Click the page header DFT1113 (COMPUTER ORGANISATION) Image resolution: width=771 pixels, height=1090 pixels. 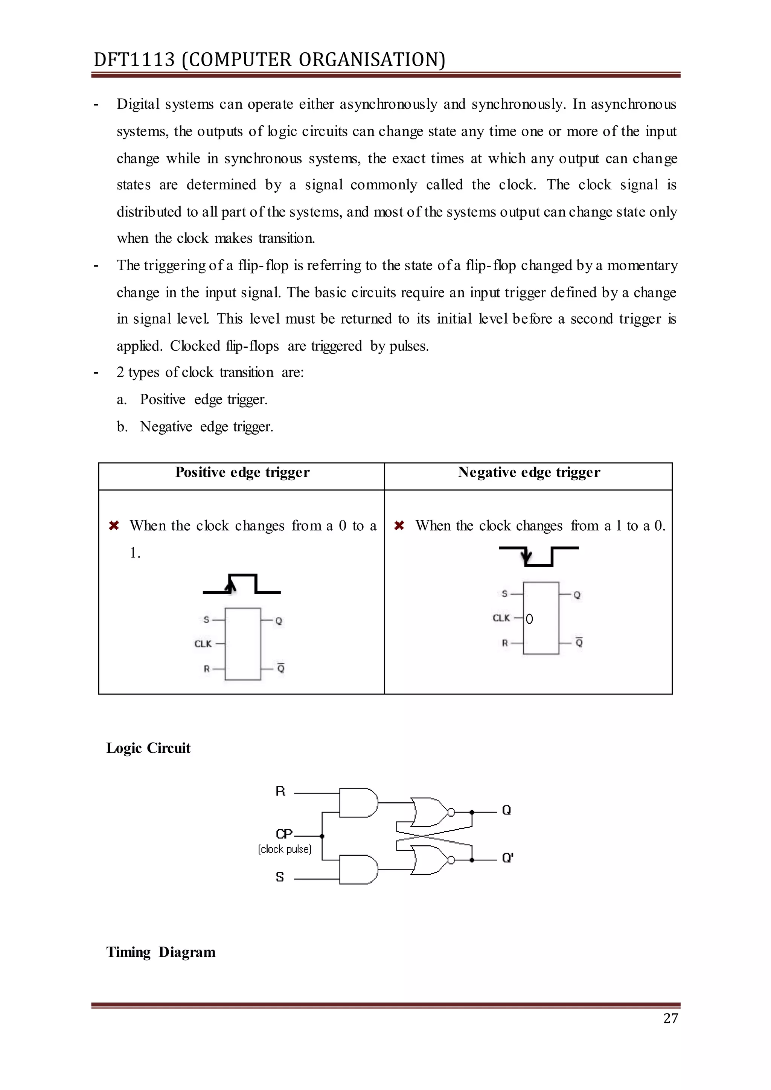(269, 60)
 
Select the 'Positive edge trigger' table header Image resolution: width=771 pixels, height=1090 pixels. (242, 472)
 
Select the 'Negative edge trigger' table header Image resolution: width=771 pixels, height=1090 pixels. (529, 472)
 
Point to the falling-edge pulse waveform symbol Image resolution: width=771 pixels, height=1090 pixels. (538, 556)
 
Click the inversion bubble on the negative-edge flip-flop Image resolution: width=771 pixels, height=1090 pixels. (529, 619)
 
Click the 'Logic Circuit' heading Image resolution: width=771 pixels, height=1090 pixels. (148, 748)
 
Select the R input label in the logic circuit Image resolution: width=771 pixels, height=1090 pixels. (280, 791)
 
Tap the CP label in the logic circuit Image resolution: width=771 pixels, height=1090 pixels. (284, 834)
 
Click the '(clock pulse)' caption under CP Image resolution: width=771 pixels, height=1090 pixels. (284, 849)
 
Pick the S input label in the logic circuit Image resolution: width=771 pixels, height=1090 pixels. (280, 877)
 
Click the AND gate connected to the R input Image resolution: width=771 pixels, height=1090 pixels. (358, 803)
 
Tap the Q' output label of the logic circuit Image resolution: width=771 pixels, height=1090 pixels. (507, 857)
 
